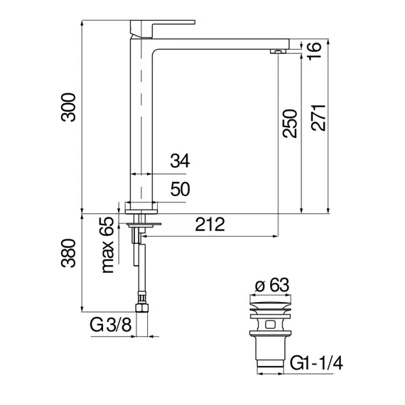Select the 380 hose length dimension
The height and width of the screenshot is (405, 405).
coord(67,263)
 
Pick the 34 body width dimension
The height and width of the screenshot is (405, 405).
coord(180,162)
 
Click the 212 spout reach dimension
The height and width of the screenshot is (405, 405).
coord(210,225)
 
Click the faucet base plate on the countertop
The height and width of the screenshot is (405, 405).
coord(141,207)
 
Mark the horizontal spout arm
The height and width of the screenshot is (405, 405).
coord(220,42)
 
